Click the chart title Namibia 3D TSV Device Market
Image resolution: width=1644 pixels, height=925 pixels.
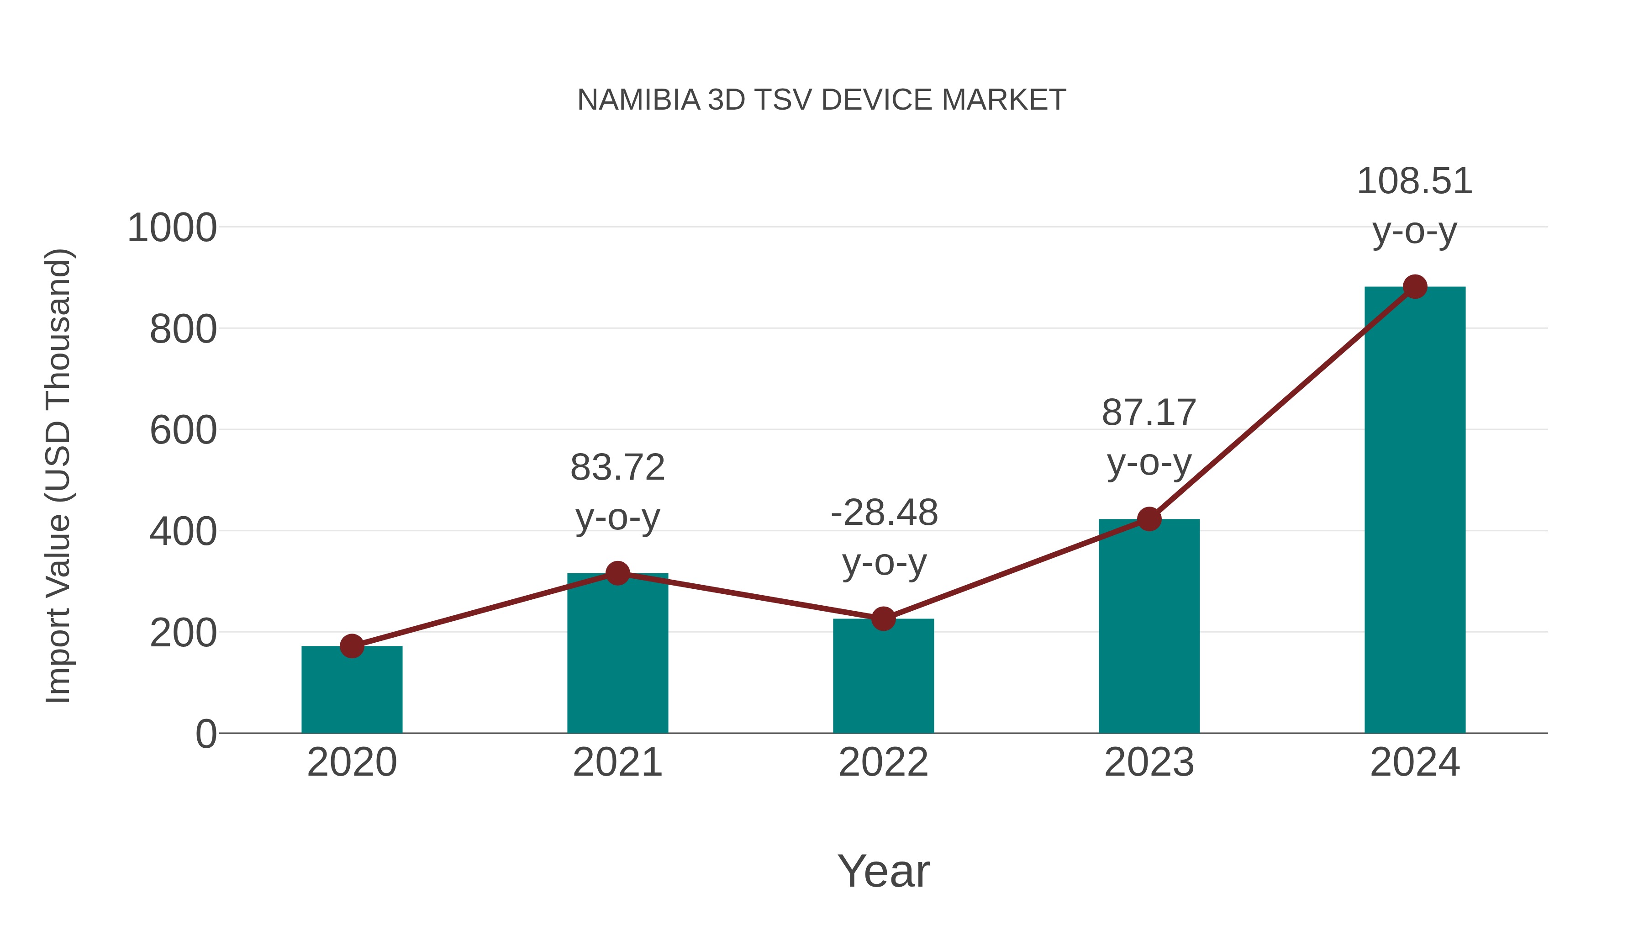click(x=822, y=100)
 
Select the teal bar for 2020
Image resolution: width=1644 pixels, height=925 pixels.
click(x=352, y=692)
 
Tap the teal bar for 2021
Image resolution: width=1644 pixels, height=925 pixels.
click(x=617, y=657)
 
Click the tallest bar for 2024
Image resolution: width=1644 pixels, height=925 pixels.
click(x=1415, y=511)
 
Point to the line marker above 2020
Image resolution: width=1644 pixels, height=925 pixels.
click(x=352, y=646)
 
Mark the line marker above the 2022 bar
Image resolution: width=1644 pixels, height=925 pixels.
click(x=883, y=618)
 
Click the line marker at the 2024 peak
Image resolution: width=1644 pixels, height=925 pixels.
click(x=1415, y=286)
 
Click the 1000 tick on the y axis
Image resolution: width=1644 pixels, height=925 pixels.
click(x=172, y=228)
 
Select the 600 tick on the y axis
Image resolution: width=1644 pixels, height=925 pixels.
click(x=183, y=430)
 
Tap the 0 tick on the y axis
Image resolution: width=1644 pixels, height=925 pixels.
click(x=205, y=734)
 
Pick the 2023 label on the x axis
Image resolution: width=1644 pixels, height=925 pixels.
click(x=1149, y=762)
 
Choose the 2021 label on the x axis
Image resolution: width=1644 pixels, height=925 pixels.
click(x=617, y=762)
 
